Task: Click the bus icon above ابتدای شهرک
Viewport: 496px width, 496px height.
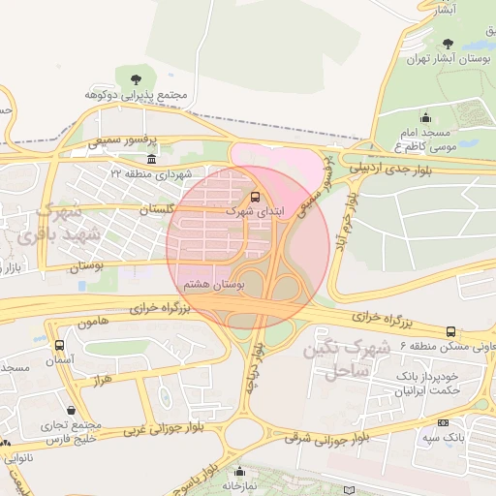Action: click(x=255, y=196)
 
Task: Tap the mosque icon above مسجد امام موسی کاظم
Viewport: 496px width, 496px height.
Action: click(x=425, y=117)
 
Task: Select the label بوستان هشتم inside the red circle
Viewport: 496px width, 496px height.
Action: click(x=215, y=283)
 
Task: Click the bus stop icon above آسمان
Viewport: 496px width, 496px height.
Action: click(x=60, y=345)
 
